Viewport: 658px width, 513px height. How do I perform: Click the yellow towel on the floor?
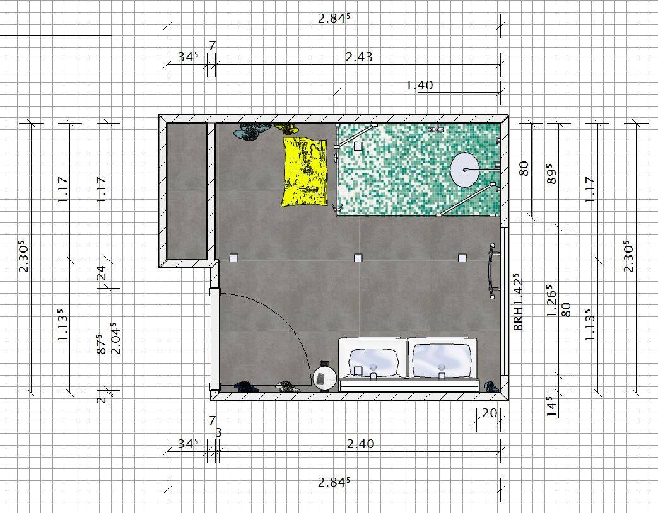(305, 171)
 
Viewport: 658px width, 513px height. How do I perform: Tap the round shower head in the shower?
(464, 170)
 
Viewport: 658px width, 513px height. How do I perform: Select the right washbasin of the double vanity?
(441, 361)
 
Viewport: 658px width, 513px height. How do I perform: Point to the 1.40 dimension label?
(420, 86)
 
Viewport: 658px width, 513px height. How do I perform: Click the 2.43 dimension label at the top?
(359, 57)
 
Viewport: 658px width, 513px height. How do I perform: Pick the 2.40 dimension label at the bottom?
(360, 444)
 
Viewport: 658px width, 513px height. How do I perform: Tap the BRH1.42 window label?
(519, 302)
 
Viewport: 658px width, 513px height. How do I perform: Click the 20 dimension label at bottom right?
(490, 413)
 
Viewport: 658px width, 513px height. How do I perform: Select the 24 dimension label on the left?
(102, 273)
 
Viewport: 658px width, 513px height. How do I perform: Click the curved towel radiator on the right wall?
(492, 271)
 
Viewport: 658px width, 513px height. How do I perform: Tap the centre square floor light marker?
(358, 258)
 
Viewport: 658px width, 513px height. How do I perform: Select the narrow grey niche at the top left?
(187, 191)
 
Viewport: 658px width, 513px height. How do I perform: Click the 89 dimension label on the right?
(551, 176)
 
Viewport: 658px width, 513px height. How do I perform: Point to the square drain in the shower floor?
(358, 146)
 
